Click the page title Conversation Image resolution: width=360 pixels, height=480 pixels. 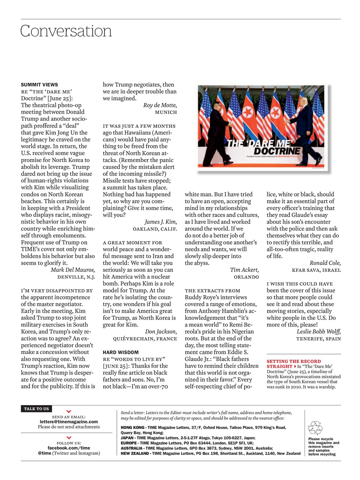click(66, 31)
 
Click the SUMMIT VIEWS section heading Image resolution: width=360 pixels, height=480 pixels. click(39, 85)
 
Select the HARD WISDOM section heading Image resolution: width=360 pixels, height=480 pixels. click(121, 352)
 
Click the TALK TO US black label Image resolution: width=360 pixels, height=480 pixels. click(36, 409)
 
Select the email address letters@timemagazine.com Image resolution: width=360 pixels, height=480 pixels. click(69, 421)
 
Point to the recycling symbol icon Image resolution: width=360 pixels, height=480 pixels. click(315, 427)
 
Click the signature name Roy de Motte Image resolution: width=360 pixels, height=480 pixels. click(160, 105)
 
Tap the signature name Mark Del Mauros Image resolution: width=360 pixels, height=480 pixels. click(73, 270)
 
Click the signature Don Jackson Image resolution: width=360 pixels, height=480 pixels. click(161, 332)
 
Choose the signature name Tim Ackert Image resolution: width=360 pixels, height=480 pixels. click(244, 270)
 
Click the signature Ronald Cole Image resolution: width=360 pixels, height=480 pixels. click(325, 263)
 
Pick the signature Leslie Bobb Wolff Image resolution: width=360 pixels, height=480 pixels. click(319, 332)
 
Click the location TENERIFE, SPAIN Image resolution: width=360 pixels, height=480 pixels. click(318, 339)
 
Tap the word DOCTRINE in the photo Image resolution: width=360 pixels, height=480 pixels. click(277, 151)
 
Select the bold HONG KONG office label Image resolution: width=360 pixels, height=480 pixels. click(132, 427)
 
